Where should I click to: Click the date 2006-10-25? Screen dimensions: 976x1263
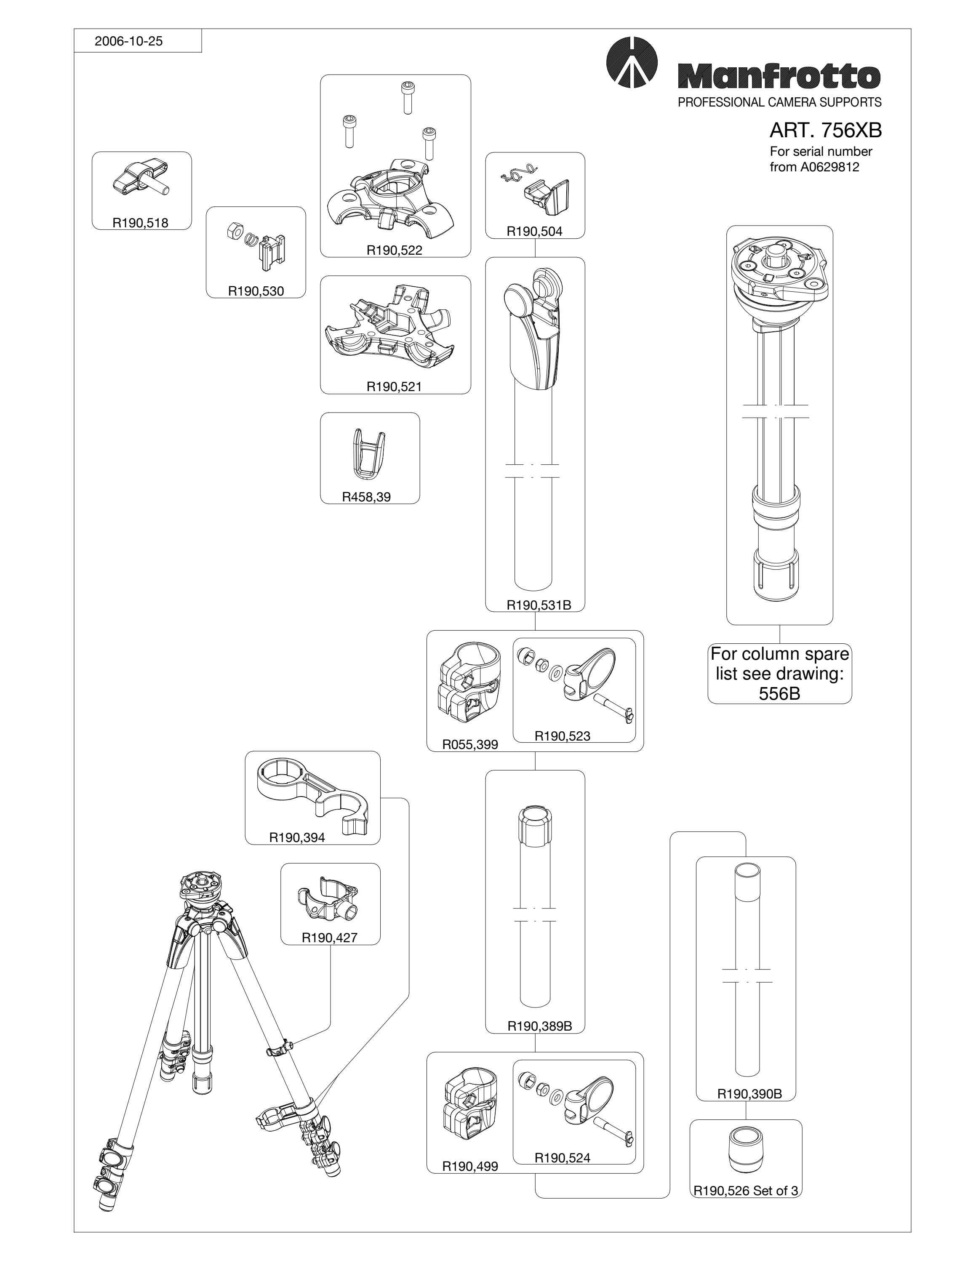click(x=128, y=41)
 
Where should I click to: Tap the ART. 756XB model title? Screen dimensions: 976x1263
click(x=825, y=131)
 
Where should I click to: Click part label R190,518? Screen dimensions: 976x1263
click(x=141, y=223)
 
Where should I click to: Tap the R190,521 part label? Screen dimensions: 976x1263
click(x=395, y=386)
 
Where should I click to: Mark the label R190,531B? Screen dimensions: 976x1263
click(x=539, y=605)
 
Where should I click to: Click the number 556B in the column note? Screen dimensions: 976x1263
click(x=779, y=693)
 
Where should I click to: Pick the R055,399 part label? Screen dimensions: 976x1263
click(x=470, y=744)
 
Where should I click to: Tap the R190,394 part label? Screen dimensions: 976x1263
click(x=297, y=837)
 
